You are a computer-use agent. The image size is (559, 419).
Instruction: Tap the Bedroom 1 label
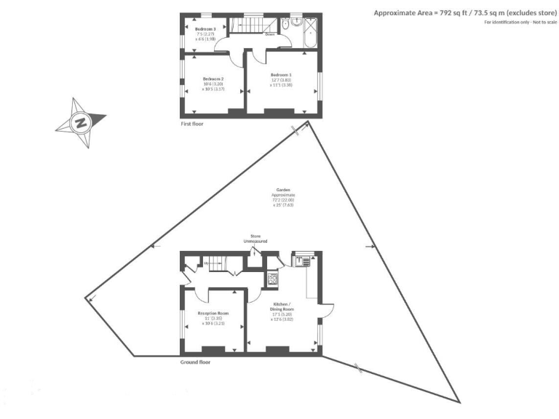(x=281, y=75)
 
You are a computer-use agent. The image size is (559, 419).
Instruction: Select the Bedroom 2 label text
(x=213, y=79)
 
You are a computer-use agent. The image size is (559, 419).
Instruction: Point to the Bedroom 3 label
(x=205, y=28)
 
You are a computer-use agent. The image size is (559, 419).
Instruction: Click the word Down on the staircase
(x=269, y=34)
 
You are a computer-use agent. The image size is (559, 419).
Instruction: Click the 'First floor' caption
(x=192, y=124)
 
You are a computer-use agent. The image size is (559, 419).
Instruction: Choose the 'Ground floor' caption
(x=194, y=362)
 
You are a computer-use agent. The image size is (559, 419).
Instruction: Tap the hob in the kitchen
(x=274, y=277)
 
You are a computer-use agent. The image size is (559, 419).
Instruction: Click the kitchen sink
(x=301, y=260)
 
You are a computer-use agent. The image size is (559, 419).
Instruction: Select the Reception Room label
(x=213, y=313)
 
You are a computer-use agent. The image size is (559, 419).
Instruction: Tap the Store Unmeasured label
(x=255, y=238)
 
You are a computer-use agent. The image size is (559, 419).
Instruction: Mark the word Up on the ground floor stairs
(x=207, y=263)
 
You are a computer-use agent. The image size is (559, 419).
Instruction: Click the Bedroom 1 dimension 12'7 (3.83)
(x=281, y=80)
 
